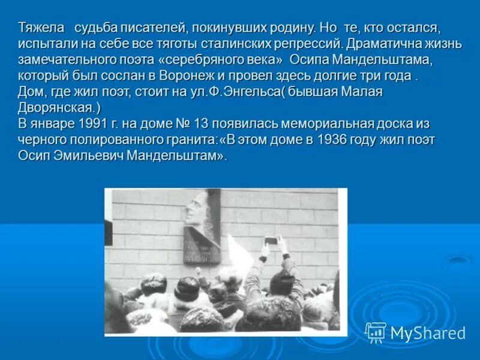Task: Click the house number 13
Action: [x=201, y=124]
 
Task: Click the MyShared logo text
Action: [x=428, y=333]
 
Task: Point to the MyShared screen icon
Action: [x=376, y=332]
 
